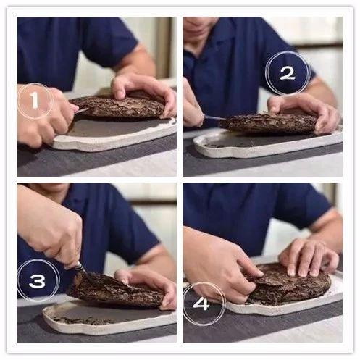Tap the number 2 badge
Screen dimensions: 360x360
click(x=288, y=73)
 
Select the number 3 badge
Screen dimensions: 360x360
click(x=38, y=281)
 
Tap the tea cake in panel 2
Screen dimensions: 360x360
click(x=269, y=123)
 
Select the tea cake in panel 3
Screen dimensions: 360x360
click(x=116, y=290)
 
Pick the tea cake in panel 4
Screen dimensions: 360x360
click(x=290, y=285)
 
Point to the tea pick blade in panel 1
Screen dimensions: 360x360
click(x=82, y=111)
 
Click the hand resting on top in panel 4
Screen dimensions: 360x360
click(x=309, y=257)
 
